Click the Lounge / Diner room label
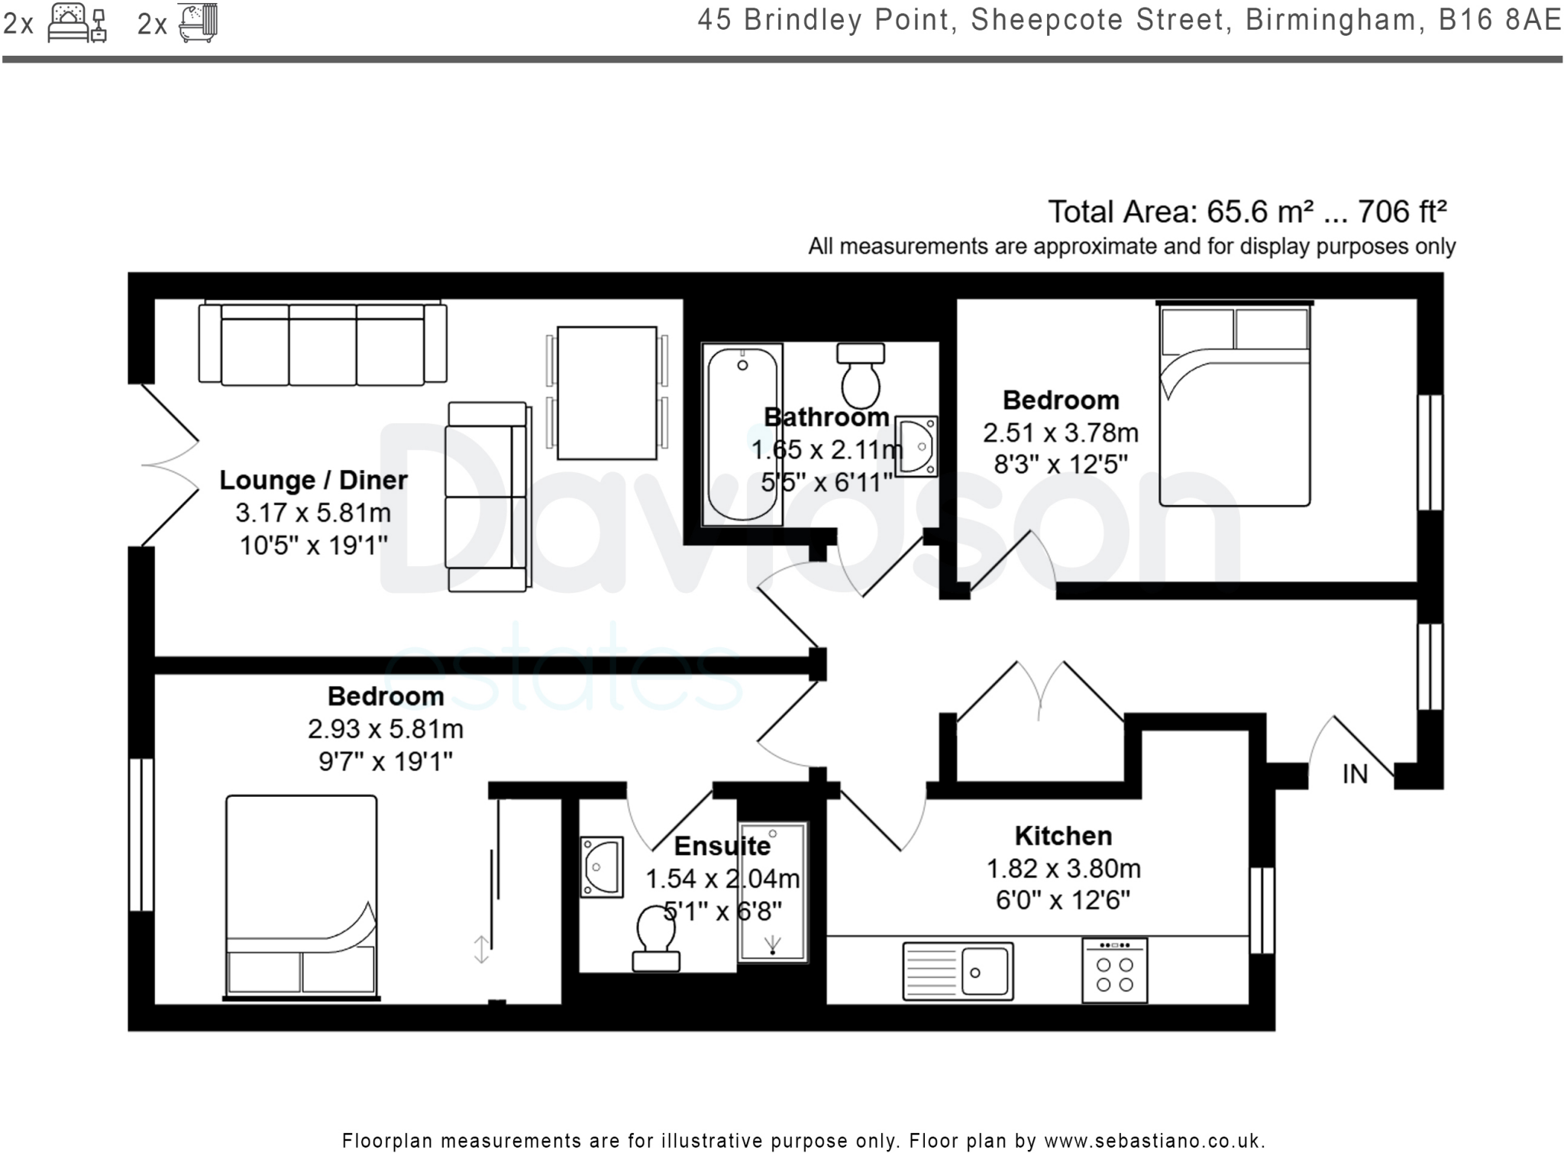click(x=313, y=480)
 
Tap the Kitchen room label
click(x=1062, y=836)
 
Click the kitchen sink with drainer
click(x=958, y=971)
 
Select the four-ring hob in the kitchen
click(x=1114, y=970)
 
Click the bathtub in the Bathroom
click(x=742, y=434)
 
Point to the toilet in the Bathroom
click(x=861, y=376)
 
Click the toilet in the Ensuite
click(x=656, y=939)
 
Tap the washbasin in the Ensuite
click(x=601, y=866)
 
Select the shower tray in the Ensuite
click(x=773, y=892)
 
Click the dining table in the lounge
click(x=606, y=393)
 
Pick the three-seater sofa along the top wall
click(x=322, y=345)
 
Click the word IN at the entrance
click(x=1355, y=775)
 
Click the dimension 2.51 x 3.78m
click(x=1060, y=433)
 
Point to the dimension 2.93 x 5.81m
click(x=386, y=729)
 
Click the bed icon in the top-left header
click(x=76, y=23)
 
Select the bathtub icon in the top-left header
click(x=198, y=23)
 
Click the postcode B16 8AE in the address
click(x=1500, y=20)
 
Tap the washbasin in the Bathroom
click(x=916, y=445)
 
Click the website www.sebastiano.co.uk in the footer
click(x=1154, y=1142)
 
